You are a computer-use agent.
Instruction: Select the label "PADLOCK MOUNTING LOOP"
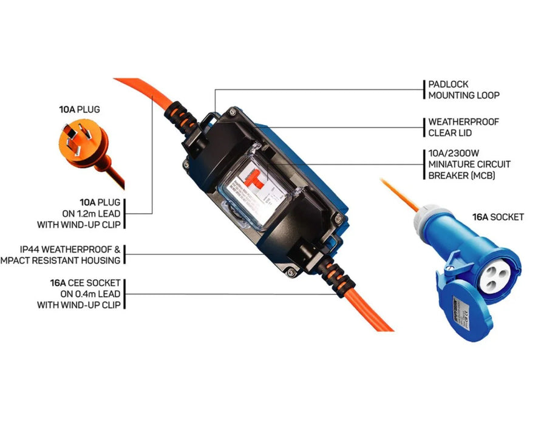456,90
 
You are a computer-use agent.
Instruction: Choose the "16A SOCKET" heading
498,216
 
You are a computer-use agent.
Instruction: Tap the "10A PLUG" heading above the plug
80,110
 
